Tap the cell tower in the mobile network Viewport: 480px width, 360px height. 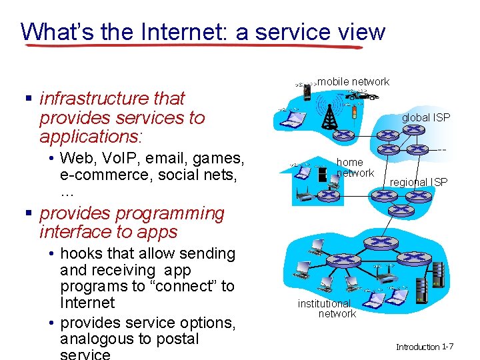click(x=329, y=115)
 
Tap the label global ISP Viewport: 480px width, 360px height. click(x=425, y=117)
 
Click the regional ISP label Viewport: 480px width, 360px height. click(x=419, y=182)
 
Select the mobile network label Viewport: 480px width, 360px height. click(x=353, y=81)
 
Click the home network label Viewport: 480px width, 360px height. click(x=354, y=167)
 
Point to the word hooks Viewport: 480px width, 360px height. click(x=81, y=253)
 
